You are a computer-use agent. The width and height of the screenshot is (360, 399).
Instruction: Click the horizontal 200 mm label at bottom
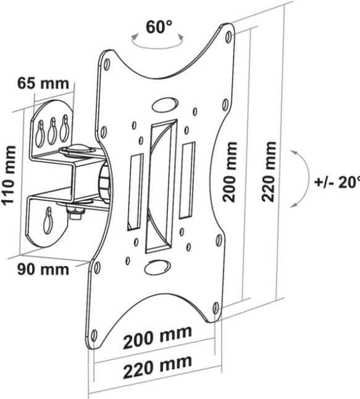157,339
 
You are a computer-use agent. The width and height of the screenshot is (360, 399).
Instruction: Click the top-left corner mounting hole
107,63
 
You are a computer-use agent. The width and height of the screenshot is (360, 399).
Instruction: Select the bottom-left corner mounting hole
94,335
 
